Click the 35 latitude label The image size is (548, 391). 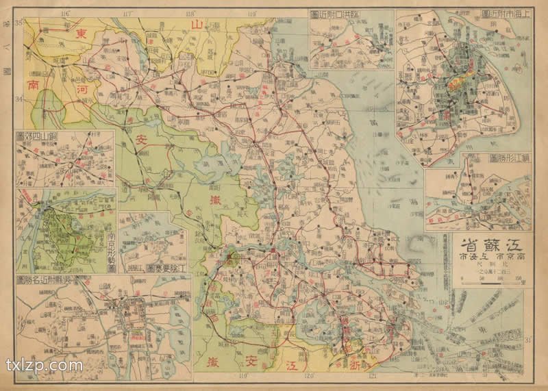[x=19, y=24]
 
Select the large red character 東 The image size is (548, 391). [x=81, y=34]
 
